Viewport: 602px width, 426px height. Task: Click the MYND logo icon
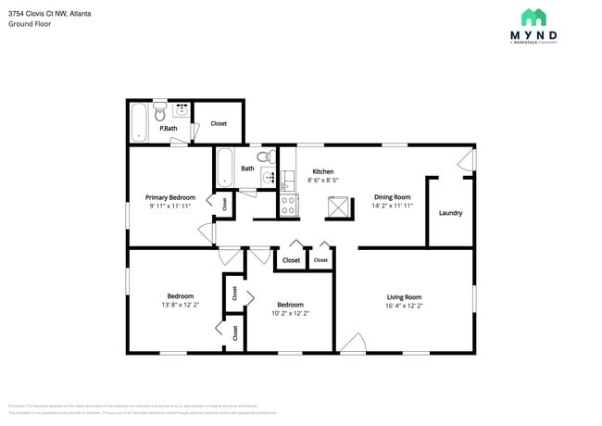point(533,17)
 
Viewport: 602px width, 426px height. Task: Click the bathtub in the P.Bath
point(138,122)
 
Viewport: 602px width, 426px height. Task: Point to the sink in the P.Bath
point(182,109)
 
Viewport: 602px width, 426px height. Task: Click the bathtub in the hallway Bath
point(224,167)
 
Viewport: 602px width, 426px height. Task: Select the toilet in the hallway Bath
point(263,157)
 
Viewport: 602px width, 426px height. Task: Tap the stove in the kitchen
point(288,205)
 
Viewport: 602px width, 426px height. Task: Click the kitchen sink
point(285,182)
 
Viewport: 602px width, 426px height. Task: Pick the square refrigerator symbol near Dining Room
point(338,207)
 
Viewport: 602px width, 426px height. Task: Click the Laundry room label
point(450,213)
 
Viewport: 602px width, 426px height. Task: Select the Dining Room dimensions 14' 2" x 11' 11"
point(392,206)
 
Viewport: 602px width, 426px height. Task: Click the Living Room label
point(404,297)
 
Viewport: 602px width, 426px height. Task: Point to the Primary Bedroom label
point(169,197)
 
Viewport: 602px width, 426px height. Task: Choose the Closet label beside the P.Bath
point(219,123)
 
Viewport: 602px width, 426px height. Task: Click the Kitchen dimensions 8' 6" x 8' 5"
point(323,181)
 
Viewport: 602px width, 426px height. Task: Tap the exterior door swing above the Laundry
point(467,161)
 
